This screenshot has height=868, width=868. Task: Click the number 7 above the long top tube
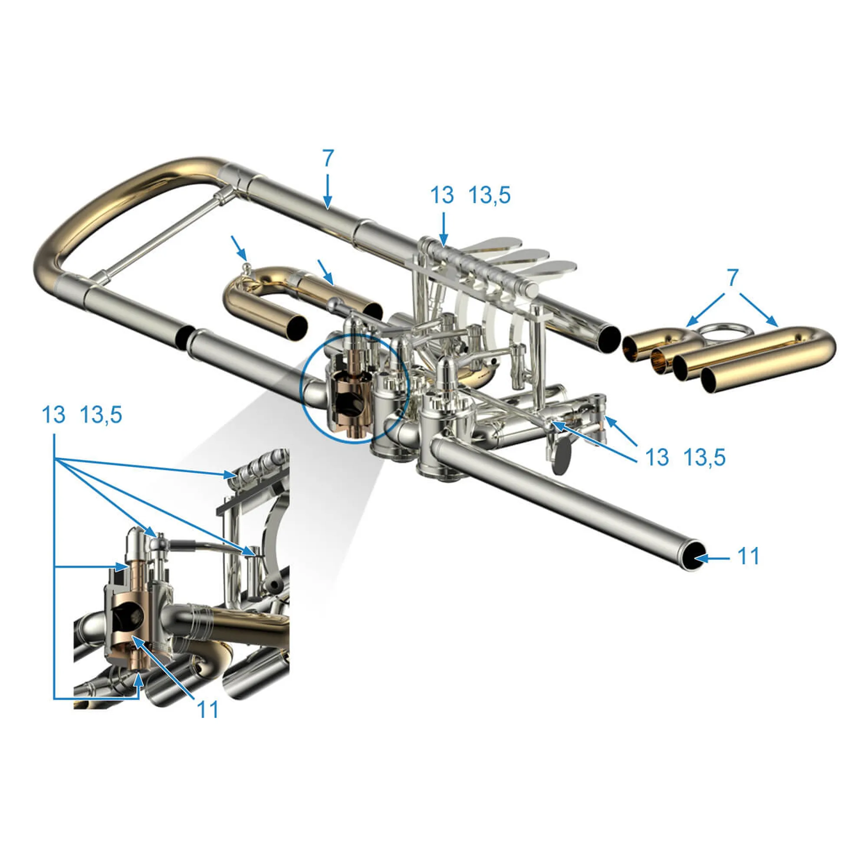329,158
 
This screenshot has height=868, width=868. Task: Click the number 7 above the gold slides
733,278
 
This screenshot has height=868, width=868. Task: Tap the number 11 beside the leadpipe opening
749,556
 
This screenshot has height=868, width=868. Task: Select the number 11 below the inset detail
208,710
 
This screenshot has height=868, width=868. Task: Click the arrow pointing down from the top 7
328,191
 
